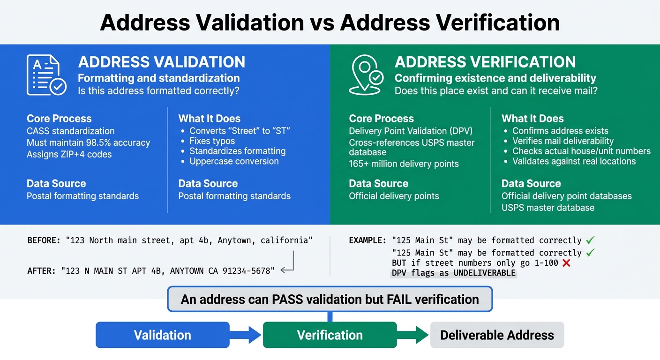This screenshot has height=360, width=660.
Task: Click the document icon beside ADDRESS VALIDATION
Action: point(46,75)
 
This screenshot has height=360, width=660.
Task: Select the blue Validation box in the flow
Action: point(163,335)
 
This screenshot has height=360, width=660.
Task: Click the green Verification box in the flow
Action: point(330,335)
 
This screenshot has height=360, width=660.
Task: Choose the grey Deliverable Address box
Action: point(497,335)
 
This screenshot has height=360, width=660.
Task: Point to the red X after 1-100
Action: point(566,263)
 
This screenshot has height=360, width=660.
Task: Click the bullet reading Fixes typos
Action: point(212,141)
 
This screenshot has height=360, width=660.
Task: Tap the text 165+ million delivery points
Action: point(404,164)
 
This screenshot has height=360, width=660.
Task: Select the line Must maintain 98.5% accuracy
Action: point(88,142)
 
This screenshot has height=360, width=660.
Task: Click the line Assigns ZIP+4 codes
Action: point(69,154)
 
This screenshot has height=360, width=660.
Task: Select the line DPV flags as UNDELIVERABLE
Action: point(453,273)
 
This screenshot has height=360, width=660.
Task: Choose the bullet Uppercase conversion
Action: point(234,161)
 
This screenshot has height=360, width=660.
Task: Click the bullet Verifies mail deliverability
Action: point(562,141)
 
